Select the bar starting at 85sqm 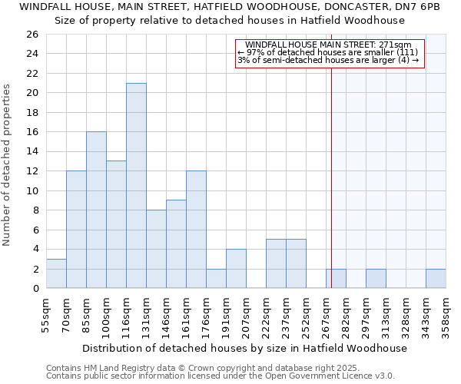point(96,210)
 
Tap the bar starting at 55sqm point(56,273)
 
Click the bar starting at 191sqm point(236,268)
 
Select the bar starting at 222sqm point(276,263)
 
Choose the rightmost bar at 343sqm point(436,279)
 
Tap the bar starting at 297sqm point(376,279)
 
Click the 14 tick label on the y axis point(32,152)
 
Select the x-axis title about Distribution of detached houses point(244,348)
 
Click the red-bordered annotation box point(329,53)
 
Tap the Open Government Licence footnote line point(221,376)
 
